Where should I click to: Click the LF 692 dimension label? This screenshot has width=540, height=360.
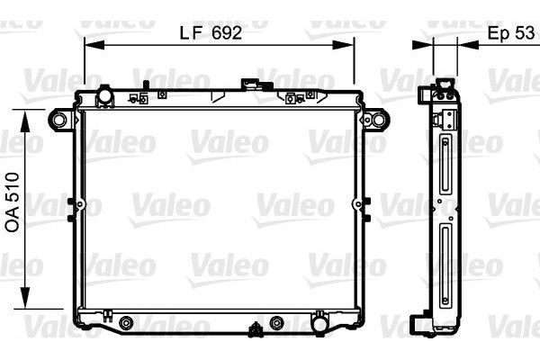[x=211, y=33]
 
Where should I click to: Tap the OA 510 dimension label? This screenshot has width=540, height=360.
[x=13, y=202]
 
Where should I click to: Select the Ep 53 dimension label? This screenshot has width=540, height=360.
[x=511, y=33]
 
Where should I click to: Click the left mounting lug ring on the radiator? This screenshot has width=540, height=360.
[x=58, y=120]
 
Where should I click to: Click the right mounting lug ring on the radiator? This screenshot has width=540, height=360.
[x=378, y=120]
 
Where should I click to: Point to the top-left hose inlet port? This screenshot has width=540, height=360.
[x=104, y=95]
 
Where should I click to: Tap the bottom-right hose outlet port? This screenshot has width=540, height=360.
[x=319, y=322]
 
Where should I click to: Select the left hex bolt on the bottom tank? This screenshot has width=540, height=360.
[x=126, y=323]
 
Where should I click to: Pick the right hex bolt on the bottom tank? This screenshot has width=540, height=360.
[x=276, y=323]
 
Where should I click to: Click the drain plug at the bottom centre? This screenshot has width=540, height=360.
[x=256, y=329]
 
